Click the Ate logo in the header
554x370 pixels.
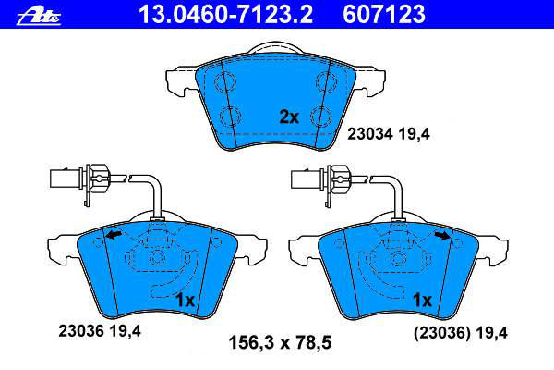coord(39,17)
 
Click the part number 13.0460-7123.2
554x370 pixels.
coord(225,14)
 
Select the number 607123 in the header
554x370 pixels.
coord(384,14)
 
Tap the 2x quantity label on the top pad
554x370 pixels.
coord(289,117)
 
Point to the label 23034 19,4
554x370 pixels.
coord(389,134)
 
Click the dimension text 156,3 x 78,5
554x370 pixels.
coord(280,343)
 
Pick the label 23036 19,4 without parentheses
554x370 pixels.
coord(100,331)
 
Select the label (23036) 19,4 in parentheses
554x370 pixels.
coord(461,333)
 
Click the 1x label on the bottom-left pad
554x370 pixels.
coord(186,301)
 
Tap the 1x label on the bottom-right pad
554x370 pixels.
coord(422,301)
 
